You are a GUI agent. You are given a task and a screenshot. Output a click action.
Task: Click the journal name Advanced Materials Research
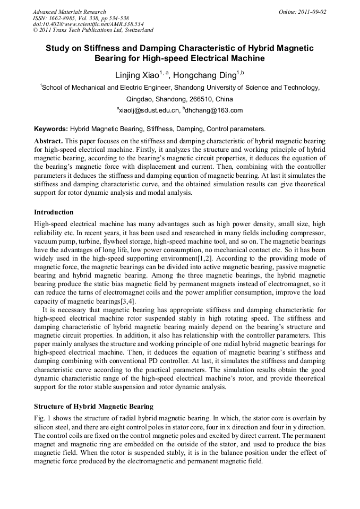(69, 12)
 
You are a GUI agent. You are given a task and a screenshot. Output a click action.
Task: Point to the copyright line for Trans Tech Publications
(93, 31)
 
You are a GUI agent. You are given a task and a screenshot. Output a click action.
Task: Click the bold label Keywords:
(51, 129)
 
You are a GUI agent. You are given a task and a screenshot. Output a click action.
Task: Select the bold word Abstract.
(49, 141)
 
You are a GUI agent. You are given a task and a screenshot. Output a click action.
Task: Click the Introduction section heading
(54, 212)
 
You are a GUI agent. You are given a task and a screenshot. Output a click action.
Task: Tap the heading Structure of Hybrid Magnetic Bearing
(93, 407)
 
